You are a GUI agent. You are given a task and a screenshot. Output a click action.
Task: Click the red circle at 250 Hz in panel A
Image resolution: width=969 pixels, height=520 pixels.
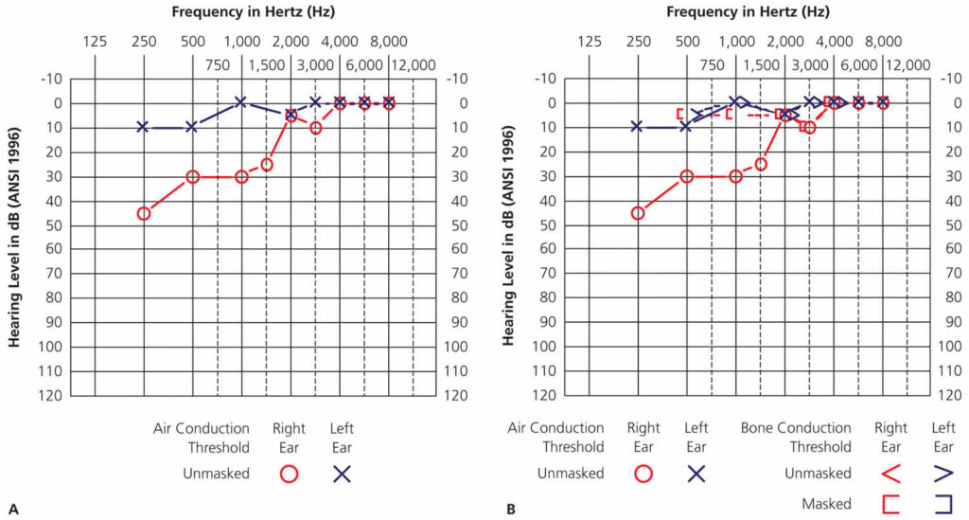pyautogui.click(x=144, y=213)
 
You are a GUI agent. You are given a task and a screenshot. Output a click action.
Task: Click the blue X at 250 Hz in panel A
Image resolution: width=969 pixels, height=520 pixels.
pyautogui.click(x=143, y=126)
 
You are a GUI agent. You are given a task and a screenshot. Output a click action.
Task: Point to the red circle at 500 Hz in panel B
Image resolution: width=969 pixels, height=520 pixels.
pyautogui.click(x=687, y=176)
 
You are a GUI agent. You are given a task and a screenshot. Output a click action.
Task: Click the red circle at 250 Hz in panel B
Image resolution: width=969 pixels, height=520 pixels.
pyautogui.click(x=638, y=213)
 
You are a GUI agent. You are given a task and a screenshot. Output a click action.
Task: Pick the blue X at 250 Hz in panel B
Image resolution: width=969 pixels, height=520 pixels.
pyautogui.click(x=637, y=126)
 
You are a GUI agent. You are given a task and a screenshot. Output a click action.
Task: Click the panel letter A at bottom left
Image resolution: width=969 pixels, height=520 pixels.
pyautogui.click(x=13, y=510)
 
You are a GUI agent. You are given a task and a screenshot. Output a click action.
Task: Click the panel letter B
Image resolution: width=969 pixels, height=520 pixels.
pyautogui.click(x=511, y=510)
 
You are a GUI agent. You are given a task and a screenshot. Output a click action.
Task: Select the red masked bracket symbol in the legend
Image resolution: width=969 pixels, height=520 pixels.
pyautogui.click(x=890, y=504)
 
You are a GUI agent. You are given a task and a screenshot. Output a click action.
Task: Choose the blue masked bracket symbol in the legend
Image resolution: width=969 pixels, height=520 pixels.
pyautogui.click(x=943, y=504)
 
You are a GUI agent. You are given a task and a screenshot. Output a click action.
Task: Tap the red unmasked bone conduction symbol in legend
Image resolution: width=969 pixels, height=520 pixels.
pyautogui.click(x=890, y=472)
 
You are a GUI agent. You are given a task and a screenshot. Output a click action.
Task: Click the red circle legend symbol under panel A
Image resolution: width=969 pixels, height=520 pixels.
pyautogui.click(x=289, y=472)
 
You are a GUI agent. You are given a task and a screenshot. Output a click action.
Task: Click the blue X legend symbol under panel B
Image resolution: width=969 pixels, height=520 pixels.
pyautogui.click(x=696, y=472)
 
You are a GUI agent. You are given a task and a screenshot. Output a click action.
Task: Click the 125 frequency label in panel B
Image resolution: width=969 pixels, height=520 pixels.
pyautogui.click(x=589, y=41)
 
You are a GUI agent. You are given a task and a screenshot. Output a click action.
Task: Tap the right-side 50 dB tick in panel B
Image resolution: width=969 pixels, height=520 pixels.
pyautogui.click(x=943, y=224)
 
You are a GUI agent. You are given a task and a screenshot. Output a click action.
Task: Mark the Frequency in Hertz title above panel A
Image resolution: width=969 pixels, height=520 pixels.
pyautogui.click(x=254, y=12)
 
